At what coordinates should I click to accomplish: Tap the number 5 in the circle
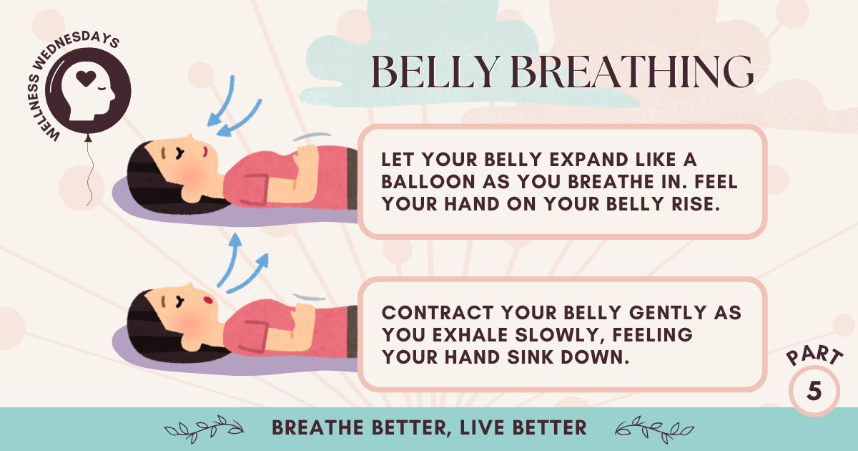pos(814,391)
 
